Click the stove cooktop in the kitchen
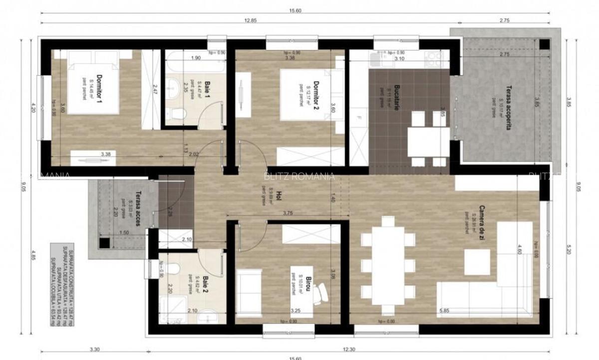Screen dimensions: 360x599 [x=432, y=59]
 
